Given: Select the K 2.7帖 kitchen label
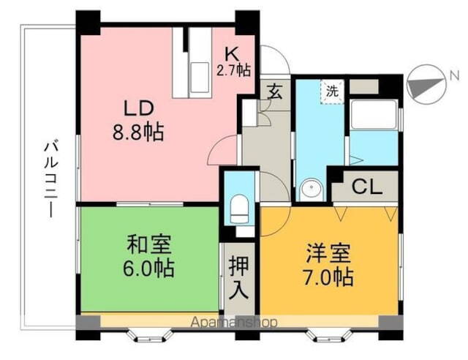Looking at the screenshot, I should click(233, 61).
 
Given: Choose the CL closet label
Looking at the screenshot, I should click(366, 187).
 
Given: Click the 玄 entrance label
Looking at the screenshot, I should click(276, 92).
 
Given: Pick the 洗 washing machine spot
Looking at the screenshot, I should click(332, 91).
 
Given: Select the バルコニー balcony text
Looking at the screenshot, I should click(49, 176).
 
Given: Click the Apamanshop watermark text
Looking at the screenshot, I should click(233, 322).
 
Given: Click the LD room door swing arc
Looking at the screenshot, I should click(223, 152).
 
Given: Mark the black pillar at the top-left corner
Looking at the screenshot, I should click(88, 22).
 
